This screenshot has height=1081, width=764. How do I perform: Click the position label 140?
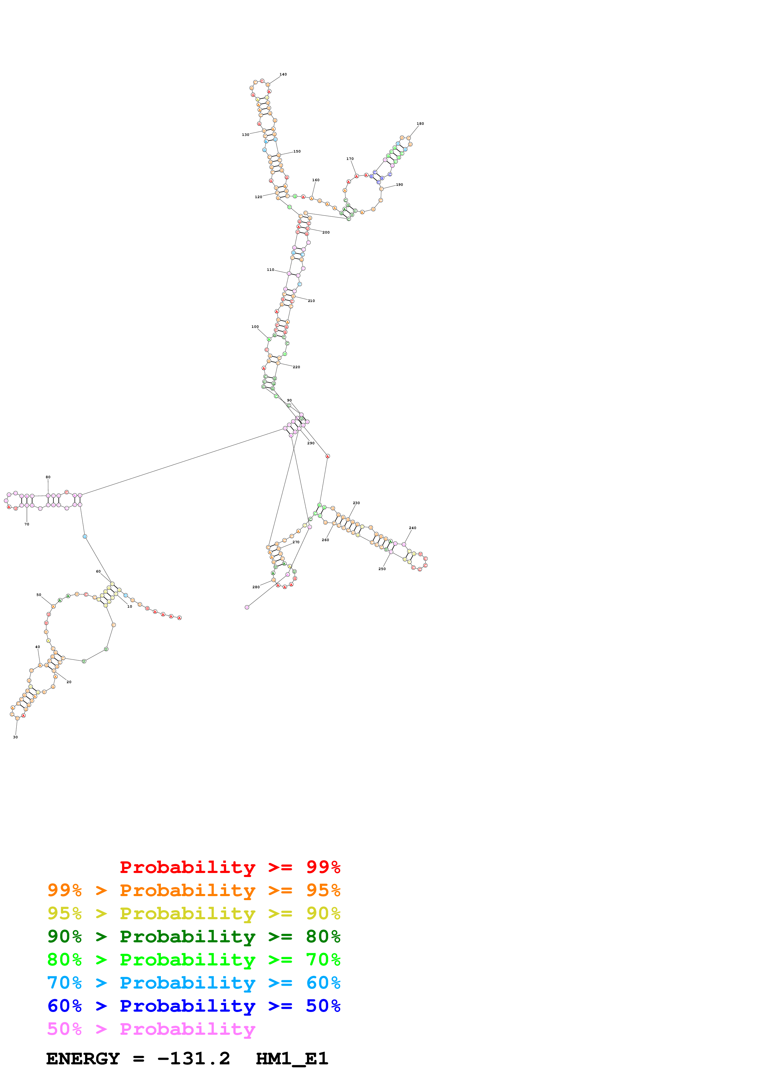(x=283, y=74)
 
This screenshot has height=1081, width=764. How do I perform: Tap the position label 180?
(x=420, y=124)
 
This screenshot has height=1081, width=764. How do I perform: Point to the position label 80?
(x=48, y=477)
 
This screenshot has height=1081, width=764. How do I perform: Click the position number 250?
(x=382, y=569)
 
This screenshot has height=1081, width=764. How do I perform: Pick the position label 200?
(x=326, y=233)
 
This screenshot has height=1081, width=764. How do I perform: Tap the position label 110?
(x=270, y=270)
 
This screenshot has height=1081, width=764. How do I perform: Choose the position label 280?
(x=255, y=587)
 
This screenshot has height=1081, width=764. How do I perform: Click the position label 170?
(x=350, y=159)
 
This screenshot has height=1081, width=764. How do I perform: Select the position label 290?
(x=311, y=443)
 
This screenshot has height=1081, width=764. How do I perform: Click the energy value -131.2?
(x=194, y=1059)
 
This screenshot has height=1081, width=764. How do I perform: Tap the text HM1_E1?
(x=292, y=1059)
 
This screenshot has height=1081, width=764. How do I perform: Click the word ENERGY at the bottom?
(x=83, y=1059)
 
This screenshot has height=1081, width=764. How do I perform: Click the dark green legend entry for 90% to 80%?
(x=194, y=936)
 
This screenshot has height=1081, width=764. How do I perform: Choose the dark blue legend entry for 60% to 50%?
(x=194, y=1006)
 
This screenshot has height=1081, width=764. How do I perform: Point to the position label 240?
(x=412, y=528)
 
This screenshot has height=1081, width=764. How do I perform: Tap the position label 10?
(x=129, y=606)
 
